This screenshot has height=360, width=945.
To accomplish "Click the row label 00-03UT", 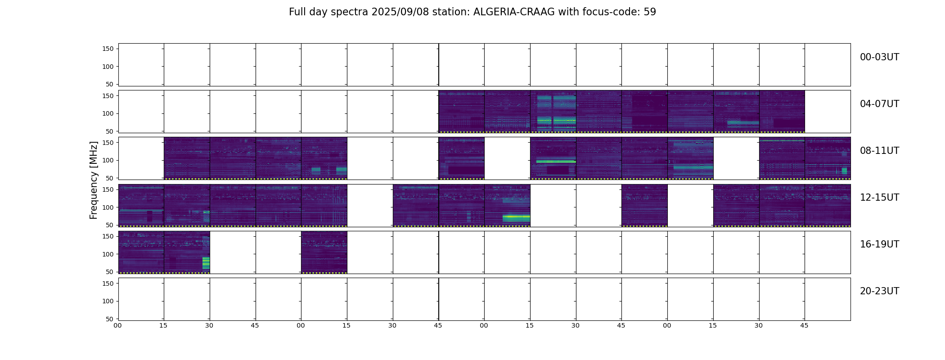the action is click(879, 57).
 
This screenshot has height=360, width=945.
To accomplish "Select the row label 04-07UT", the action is click(879, 104).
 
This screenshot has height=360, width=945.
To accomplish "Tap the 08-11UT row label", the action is click(879, 151).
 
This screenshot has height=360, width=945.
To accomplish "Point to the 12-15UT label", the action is click(879, 198).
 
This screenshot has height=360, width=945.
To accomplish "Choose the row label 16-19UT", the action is click(879, 244).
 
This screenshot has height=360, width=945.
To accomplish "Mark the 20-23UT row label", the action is click(879, 291).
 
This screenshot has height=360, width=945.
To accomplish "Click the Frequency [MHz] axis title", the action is click(94, 180).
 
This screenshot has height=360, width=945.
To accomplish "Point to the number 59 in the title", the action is click(650, 12).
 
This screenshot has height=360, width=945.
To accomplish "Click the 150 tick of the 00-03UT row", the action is click(108, 49).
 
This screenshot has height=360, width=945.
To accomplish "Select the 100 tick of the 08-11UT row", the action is click(108, 160).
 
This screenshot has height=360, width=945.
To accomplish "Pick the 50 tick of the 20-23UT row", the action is click(110, 319).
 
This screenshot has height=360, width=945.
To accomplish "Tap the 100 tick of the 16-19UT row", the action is click(108, 254).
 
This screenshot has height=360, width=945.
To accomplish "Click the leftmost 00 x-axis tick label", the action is click(117, 325).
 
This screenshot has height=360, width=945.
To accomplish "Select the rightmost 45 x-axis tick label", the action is click(804, 325).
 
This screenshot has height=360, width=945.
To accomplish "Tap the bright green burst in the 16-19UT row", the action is click(206, 263).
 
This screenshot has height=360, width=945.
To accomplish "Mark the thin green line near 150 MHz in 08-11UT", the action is click(782, 141).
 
